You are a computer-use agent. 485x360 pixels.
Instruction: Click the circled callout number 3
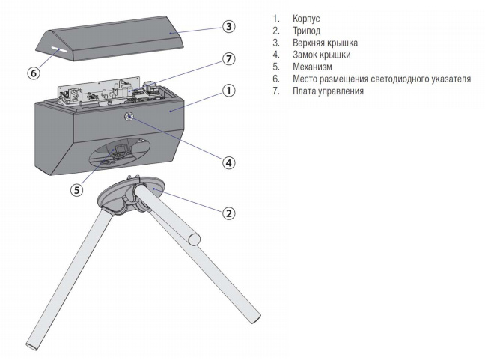click(x=228, y=27)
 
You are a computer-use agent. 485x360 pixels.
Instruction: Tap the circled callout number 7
click(x=228, y=58)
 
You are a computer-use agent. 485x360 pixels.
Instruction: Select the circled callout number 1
click(x=228, y=91)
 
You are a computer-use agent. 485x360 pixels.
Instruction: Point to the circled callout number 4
click(x=228, y=162)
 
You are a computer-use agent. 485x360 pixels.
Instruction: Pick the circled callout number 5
click(x=76, y=190)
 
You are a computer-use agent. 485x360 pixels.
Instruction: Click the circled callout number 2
click(x=228, y=213)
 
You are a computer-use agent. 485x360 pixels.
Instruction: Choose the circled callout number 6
click(x=33, y=73)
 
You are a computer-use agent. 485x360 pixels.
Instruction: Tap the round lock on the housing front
click(x=129, y=117)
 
